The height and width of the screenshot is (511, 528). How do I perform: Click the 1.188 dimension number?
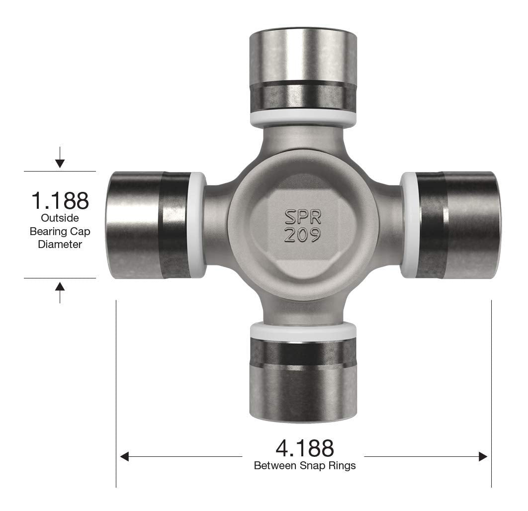60,200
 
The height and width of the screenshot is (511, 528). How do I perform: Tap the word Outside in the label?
60,218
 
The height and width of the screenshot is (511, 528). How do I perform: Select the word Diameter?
60,244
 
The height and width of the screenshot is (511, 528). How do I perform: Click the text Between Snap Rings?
305,466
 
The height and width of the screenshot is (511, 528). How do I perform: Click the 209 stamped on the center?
302,235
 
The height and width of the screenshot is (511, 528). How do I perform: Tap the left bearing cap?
148,225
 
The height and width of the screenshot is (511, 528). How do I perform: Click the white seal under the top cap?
303,118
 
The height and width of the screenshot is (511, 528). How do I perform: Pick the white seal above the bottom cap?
303,331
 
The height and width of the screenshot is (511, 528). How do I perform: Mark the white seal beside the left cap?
197,225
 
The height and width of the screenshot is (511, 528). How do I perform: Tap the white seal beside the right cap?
409,225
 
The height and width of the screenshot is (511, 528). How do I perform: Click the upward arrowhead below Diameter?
60,286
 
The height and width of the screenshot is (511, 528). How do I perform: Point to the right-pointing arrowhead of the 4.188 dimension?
483,456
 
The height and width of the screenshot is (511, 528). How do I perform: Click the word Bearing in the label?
46,231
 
